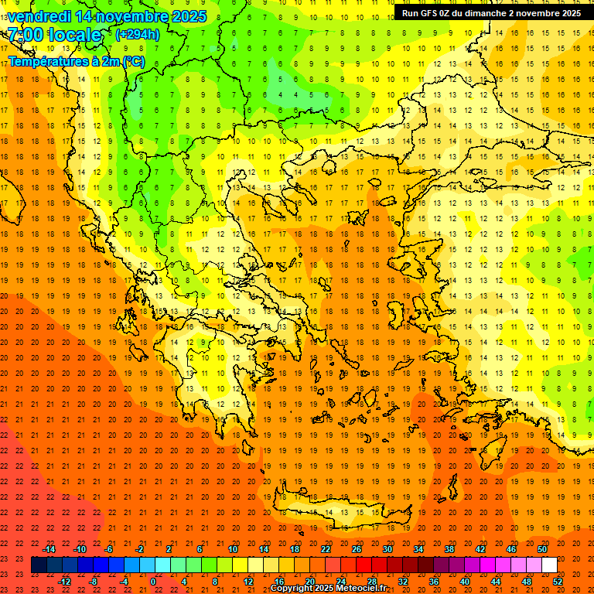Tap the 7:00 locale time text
[x=54, y=35]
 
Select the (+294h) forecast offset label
[x=138, y=34]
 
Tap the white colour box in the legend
[x=549, y=565]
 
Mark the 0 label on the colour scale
[x=152, y=582]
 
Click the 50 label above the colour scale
[x=541, y=549]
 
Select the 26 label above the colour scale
[x=357, y=549]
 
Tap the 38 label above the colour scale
[x=449, y=549]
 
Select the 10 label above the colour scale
[x=233, y=549]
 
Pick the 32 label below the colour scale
[x=403, y=582]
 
